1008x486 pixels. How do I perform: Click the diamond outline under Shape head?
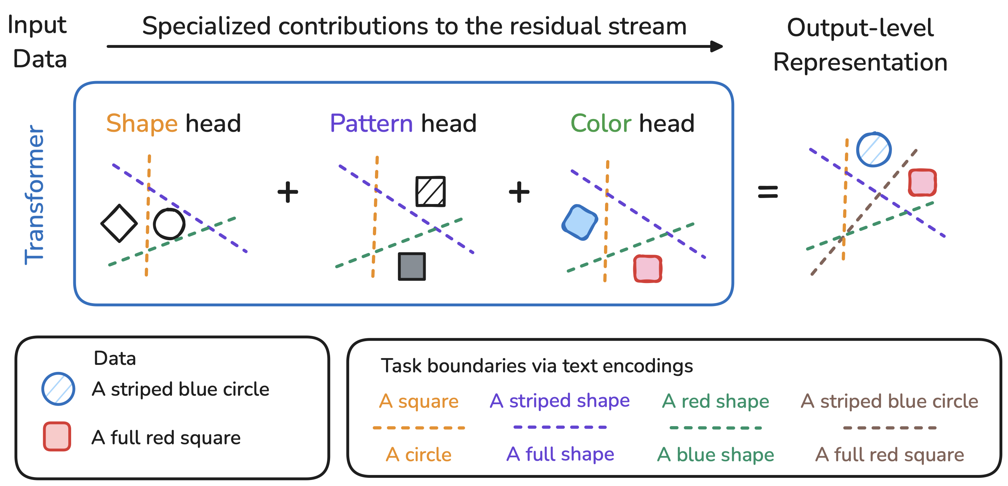(119, 223)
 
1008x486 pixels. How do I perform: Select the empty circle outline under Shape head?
(169, 224)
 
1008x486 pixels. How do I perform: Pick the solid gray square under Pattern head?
(411, 266)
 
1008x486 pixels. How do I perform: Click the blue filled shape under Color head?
(580, 222)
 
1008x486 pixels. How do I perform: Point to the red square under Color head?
(647, 269)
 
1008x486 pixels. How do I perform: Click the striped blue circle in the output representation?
(874, 149)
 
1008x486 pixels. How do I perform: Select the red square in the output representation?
(922, 182)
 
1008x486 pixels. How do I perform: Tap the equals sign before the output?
(768, 192)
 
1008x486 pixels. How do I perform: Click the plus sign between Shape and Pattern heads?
(288, 192)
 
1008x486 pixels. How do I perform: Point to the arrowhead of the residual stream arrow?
(716, 46)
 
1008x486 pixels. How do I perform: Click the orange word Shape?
(142, 123)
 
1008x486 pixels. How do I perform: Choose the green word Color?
(601, 123)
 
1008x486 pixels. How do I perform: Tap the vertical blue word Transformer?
(34, 194)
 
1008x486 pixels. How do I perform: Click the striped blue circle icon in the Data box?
(58, 389)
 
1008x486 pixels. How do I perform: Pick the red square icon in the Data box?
(57, 436)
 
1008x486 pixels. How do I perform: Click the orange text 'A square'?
(419, 401)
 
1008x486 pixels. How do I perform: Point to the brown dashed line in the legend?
(889, 428)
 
